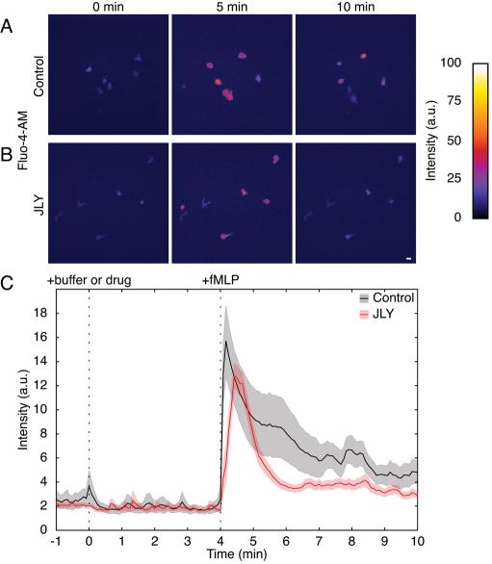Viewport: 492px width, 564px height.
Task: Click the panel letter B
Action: coord(8,150)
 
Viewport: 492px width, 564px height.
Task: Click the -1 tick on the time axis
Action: coord(56,540)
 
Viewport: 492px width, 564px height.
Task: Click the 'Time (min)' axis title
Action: coord(238,555)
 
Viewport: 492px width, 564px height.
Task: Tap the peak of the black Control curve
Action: coord(226,342)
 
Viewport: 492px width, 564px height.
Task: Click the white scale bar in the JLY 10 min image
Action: coord(409,259)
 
